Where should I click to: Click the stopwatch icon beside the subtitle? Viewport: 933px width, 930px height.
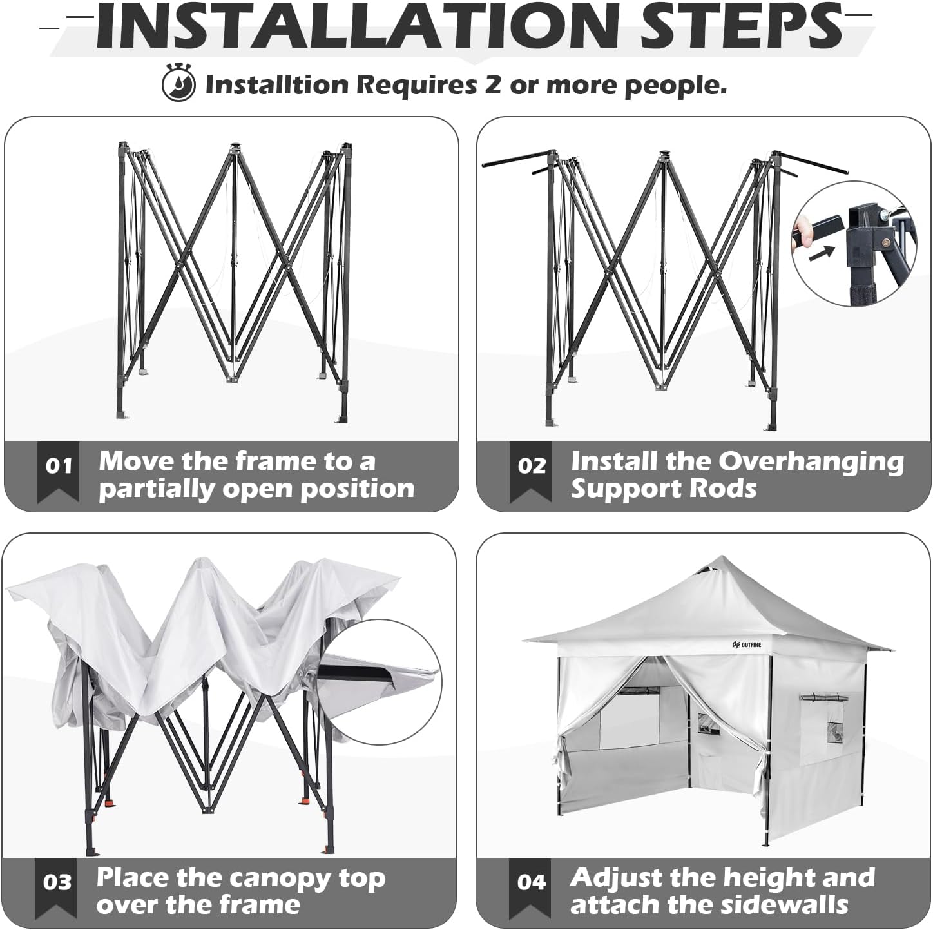coord(178,82)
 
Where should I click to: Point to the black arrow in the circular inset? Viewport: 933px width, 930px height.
coord(822,253)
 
